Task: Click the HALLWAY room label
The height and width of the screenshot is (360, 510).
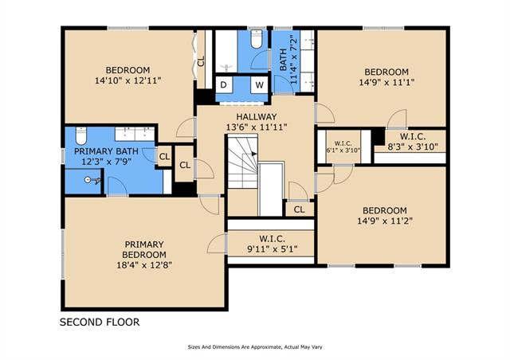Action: tap(257, 116)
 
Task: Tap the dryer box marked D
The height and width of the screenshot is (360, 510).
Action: tap(224, 85)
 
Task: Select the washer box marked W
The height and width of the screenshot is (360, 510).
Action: tap(259, 85)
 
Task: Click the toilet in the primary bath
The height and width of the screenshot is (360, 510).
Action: tap(81, 136)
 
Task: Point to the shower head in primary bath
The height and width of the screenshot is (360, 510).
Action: tap(92, 180)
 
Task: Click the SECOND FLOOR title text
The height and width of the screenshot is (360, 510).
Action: tap(100, 323)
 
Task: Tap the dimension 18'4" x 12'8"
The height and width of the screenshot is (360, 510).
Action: tap(144, 265)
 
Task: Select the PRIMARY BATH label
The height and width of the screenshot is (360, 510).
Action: tap(106, 151)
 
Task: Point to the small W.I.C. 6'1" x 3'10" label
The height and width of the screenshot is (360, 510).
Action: tap(343, 147)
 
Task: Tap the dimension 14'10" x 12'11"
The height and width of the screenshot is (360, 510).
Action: tap(127, 80)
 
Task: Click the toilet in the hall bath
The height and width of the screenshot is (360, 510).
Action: tap(257, 39)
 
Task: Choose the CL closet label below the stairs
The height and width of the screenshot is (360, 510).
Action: tap(299, 209)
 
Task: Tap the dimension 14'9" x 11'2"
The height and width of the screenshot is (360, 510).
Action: tap(385, 221)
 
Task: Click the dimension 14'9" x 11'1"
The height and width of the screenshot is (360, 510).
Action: tap(386, 82)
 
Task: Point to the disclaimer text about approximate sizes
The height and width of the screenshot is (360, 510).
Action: tap(255, 347)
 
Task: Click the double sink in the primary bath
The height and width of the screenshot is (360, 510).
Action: tap(135, 134)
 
